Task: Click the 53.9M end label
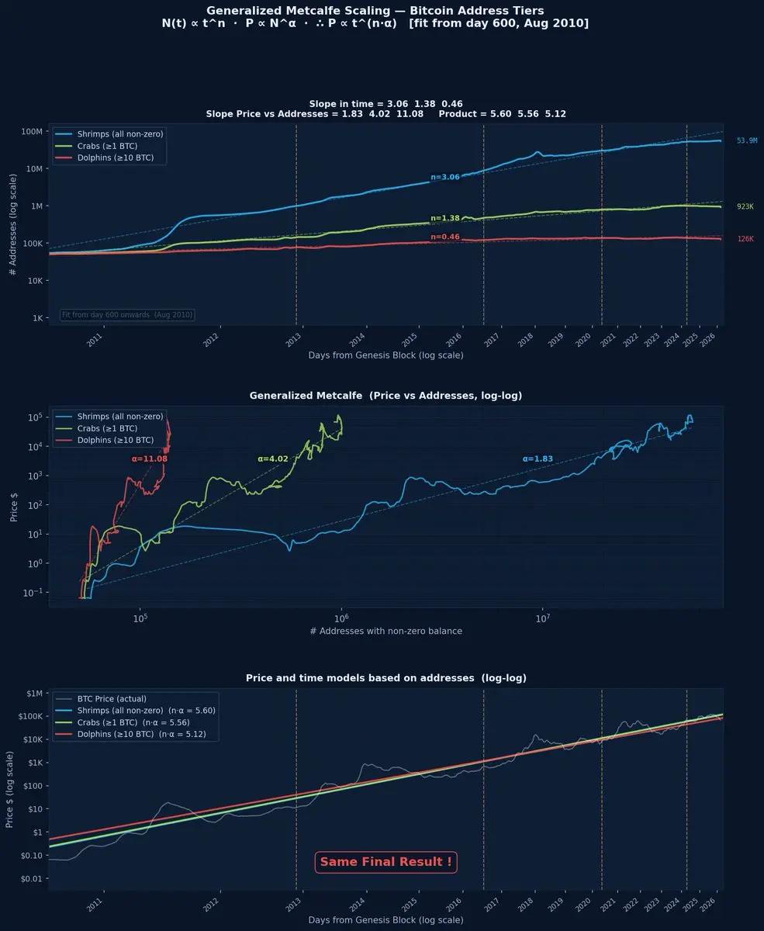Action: tap(746, 141)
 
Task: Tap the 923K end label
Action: tap(745, 207)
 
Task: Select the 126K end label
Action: tap(745, 240)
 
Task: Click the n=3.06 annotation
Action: tap(445, 177)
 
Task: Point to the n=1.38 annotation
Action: tap(445, 219)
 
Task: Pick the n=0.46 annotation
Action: tap(445, 237)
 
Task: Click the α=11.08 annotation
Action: tap(150, 459)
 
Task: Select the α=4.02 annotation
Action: tap(273, 459)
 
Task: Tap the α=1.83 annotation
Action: tap(538, 459)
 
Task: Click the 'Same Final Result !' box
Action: tap(385, 862)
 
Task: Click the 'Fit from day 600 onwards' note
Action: tap(127, 315)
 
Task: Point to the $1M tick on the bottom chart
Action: tap(34, 694)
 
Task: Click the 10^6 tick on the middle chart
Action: tap(341, 618)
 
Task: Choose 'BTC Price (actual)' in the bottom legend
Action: tap(112, 699)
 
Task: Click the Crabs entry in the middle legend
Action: tap(113, 428)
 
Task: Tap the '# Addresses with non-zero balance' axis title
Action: tap(385, 632)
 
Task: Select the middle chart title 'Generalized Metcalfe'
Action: tap(385, 396)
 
